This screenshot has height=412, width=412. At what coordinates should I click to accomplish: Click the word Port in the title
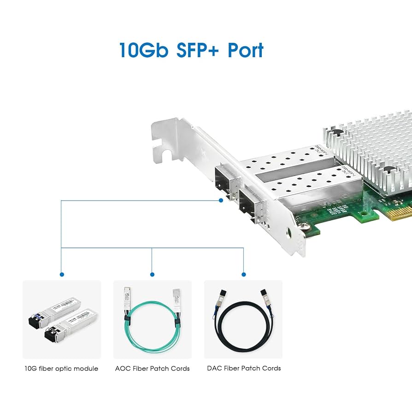tap(246, 50)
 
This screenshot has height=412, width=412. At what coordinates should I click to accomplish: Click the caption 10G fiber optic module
tap(61, 368)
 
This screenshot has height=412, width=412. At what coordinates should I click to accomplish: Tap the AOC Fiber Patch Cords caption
tap(152, 368)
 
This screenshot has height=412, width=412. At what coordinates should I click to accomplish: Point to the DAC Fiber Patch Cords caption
tap(243, 368)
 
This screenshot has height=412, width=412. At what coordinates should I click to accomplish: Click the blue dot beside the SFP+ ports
tap(221, 200)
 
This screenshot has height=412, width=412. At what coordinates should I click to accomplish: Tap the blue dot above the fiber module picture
tap(62, 275)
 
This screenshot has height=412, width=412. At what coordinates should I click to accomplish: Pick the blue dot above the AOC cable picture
tap(152, 275)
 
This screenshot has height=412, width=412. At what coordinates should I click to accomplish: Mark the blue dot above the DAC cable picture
tap(243, 275)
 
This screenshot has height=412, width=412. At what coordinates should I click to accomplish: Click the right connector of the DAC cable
tap(265, 298)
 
